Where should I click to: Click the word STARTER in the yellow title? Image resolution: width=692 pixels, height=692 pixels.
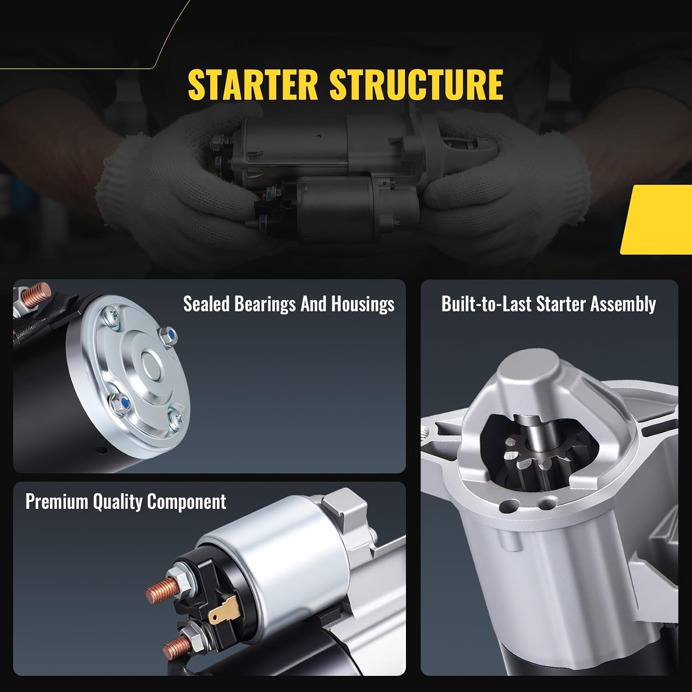coord(253,84)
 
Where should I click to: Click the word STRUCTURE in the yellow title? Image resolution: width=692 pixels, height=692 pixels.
coord(416,84)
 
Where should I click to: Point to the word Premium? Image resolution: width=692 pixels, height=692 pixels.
coord(57,501)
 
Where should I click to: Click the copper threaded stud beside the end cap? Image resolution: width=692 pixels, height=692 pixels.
coord(36,292)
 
